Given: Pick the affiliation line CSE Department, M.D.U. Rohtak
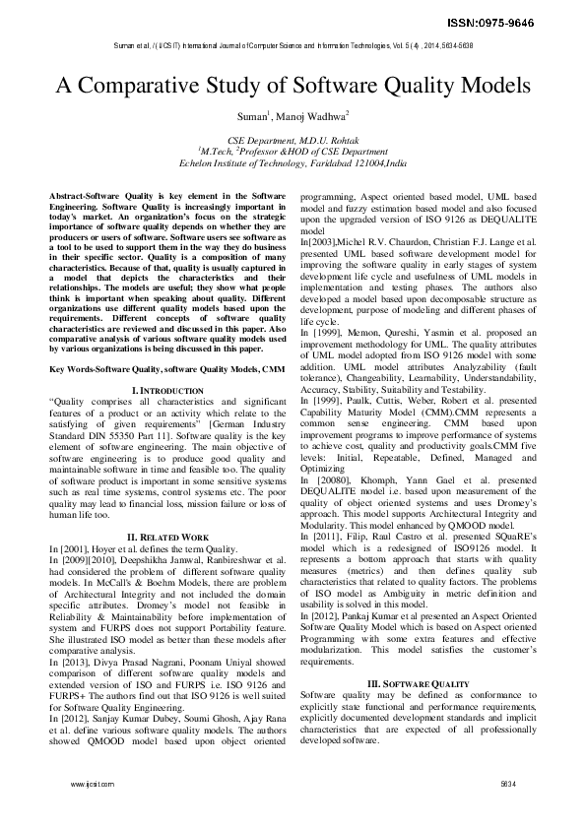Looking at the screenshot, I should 293,142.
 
